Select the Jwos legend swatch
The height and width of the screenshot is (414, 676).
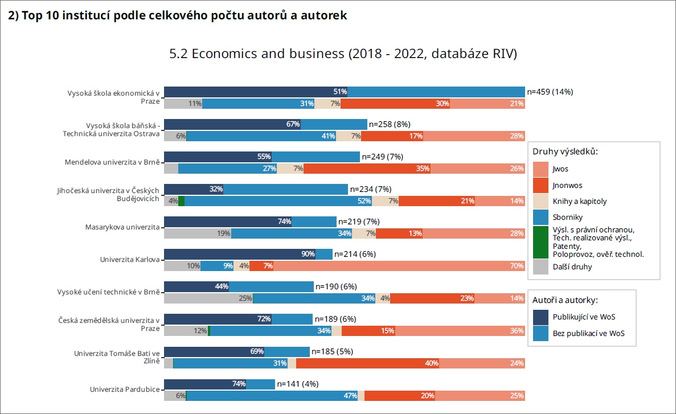point(540,169)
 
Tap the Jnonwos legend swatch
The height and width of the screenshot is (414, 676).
point(540,185)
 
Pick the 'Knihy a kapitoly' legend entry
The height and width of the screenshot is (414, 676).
point(579,201)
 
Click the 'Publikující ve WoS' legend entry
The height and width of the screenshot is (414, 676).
point(584,317)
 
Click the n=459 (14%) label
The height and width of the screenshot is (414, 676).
point(550,92)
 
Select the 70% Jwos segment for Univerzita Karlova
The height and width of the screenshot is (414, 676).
point(399,266)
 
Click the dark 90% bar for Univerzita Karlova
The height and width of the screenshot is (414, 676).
point(239,254)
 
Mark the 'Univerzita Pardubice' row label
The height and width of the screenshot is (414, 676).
point(125,390)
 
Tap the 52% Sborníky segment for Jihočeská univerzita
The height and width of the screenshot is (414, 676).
point(278,201)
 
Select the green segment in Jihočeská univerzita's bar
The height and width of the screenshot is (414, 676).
point(181,201)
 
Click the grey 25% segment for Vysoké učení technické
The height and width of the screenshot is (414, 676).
point(208,298)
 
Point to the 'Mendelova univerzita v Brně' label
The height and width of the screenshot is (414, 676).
point(112,162)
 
